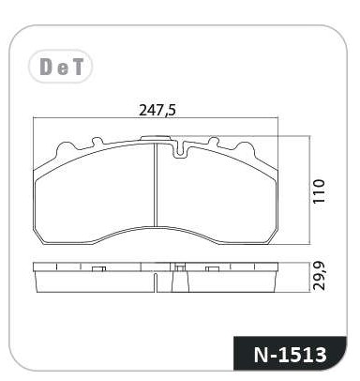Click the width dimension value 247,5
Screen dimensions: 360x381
click(157, 111)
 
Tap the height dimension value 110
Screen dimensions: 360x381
click(319, 191)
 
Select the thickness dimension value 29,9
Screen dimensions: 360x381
click(319, 276)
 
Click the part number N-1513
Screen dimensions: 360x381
click(291, 355)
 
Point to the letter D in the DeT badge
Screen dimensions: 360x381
click(46, 67)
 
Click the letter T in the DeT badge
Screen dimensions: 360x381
click(76, 67)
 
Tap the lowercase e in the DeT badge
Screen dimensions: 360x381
click(63, 69)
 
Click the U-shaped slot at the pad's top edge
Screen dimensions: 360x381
click(179, 149)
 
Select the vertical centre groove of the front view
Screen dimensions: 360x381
click(156, 184)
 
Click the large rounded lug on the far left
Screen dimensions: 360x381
click(65, 149)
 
